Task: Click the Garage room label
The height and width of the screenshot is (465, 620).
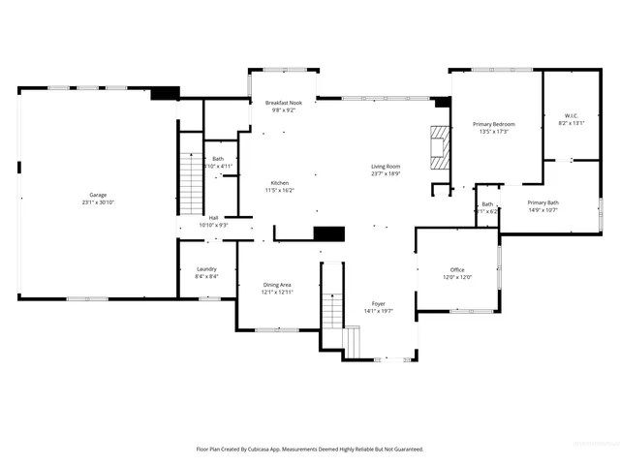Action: (99, 195)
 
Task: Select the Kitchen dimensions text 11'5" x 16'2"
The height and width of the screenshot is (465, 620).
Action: (280, 191)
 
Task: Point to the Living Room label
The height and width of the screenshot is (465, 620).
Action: (386, 166)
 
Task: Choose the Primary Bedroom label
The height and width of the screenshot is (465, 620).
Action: (493, 124)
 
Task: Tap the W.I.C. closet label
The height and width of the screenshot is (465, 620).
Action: (572, 116)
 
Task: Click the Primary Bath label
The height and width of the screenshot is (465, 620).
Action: (542, 202)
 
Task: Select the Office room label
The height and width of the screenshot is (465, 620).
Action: (457, 269)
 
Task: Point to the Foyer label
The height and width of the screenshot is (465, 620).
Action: (378, 303)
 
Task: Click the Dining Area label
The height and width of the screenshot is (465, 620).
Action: (277, 285)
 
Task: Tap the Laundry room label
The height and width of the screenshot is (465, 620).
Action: (206, 269)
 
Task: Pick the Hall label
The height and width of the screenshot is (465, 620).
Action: (213, 218)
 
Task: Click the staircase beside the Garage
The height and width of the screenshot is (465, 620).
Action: (189, 179)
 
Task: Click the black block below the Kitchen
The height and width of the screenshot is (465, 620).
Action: (330, 233)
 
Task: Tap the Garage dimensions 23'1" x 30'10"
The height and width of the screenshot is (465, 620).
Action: (99, 202)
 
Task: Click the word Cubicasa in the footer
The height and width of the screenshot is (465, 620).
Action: (274, 449)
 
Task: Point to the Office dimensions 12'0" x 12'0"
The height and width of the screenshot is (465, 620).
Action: (457, 277)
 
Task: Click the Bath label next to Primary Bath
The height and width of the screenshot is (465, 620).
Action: (487, 203)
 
